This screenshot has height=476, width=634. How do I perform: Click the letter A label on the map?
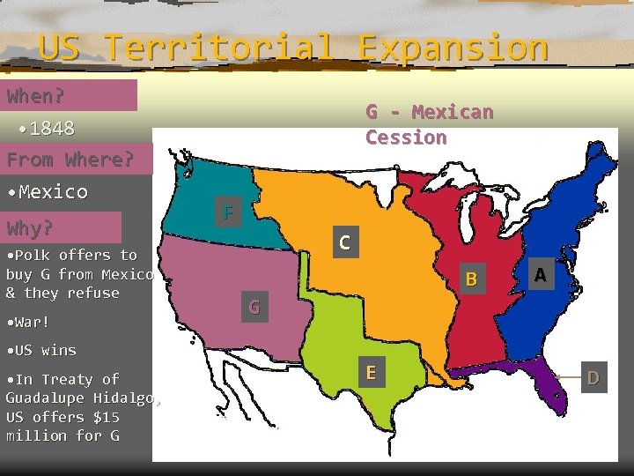pos(540,276)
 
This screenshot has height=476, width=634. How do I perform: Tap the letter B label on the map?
pos(471,279)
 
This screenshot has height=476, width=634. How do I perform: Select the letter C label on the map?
pos(345,242)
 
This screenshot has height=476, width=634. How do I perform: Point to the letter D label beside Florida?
pos(593,378)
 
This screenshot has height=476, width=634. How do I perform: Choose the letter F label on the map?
pos(228,212)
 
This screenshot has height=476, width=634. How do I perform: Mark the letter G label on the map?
pos(254,308)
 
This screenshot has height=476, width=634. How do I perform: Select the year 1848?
pos(51,129)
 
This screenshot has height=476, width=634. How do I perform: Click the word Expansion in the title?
pos(453,47)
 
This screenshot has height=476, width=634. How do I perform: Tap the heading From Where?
pos(70,160)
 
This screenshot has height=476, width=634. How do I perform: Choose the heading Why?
pos(30,228)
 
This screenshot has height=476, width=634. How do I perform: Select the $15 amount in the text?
pos(102,417)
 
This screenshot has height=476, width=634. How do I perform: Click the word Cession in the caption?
pos(406,138)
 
